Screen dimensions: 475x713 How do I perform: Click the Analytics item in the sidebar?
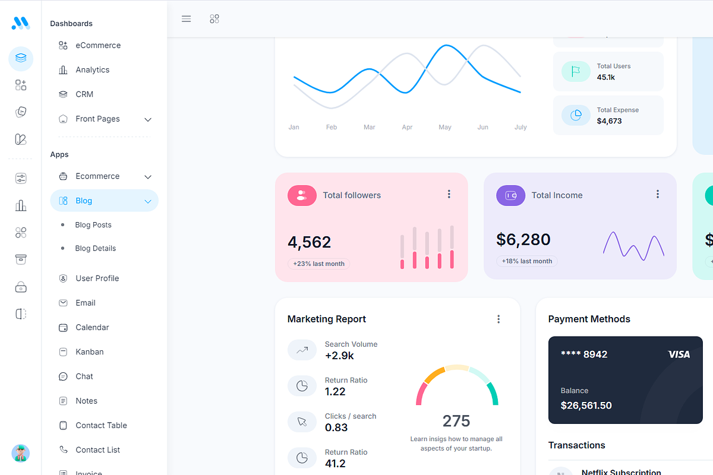coord(92,70)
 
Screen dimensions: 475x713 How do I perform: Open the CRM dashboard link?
coord(84,94)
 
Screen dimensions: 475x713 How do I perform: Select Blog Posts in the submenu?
coord(93,225)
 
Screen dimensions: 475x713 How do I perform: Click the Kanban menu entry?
coord(89,352)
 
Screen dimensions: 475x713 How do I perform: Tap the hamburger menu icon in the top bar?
coord(186,19)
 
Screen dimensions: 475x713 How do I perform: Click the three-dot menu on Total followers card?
coord(449,194)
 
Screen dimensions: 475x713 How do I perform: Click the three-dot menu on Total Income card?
coord(657,194)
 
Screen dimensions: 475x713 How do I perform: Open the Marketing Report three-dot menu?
coord(498,319)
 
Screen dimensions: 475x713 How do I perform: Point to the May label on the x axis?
coord(444,127)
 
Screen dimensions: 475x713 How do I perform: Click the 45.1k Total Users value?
coord(605,77)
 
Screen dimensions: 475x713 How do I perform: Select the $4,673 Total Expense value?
coord(609,121)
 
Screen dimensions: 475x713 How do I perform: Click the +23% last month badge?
coord(319,264)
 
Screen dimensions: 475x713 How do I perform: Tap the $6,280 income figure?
coord(523,239)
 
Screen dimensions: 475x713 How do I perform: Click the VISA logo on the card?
coord(679,354)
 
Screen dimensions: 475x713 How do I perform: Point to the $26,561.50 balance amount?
coord(586,406)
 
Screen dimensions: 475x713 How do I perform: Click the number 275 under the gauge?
coord(456,421)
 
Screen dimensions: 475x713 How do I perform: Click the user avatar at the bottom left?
coord(21,453)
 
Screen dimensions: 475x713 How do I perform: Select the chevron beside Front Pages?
coord(148,119)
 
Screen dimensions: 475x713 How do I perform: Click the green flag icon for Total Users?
coord(575,72)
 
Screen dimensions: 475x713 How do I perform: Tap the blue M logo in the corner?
coord(21,23)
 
